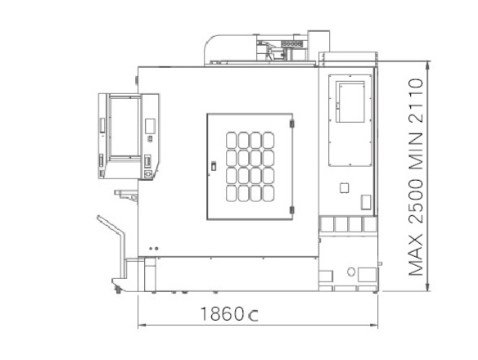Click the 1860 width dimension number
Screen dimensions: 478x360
(x=222, y=314)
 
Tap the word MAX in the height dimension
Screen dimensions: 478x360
(x=416, y=255)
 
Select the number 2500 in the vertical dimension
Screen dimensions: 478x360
(x=416, y=201)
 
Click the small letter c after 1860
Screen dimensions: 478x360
(x=254, y=316)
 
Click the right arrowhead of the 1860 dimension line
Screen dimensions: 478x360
(x=374, y=326)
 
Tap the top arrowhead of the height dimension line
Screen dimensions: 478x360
(x=428, y=65)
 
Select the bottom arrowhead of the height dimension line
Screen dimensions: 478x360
(x=428, y=287)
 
